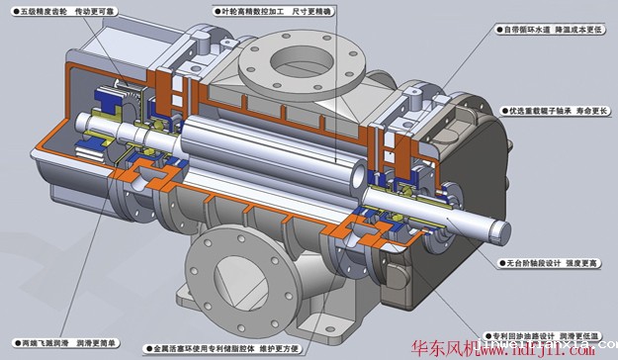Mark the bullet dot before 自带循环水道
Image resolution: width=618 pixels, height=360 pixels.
tap(497, 29)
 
